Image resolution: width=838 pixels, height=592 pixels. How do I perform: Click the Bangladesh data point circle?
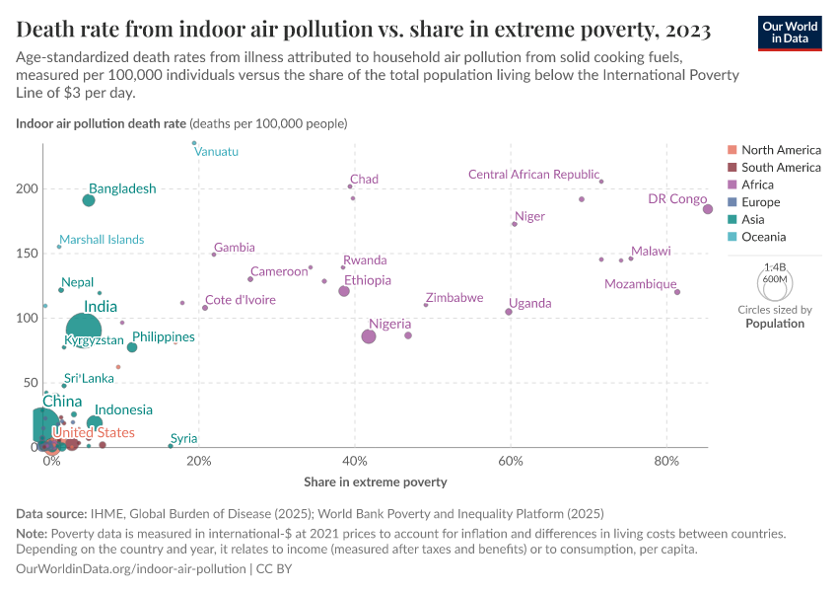point(89,200)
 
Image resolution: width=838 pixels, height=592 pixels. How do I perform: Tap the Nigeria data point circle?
point(369,336)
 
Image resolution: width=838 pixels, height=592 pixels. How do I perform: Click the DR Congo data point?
point(707,209)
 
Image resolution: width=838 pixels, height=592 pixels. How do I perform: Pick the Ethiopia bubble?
point(344,291)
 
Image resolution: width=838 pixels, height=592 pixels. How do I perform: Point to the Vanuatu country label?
point(216,152)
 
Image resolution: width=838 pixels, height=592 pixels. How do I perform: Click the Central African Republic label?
point(533,175)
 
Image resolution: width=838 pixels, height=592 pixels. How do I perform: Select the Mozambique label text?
point(640,284)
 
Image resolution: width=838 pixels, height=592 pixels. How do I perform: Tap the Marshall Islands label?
point(101,240)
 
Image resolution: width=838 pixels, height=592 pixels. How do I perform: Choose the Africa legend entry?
point(757,185)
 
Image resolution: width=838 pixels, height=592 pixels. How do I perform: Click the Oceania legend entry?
point(763,237)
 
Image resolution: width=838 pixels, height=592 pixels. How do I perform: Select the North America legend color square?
point(731,150)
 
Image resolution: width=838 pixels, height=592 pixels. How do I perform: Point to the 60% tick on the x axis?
point(511,462)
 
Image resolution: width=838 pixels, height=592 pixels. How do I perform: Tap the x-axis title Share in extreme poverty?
point(378,482)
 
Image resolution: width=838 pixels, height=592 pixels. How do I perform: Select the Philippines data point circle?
point(132,347)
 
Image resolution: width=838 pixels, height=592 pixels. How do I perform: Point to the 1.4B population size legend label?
point(775,267)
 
